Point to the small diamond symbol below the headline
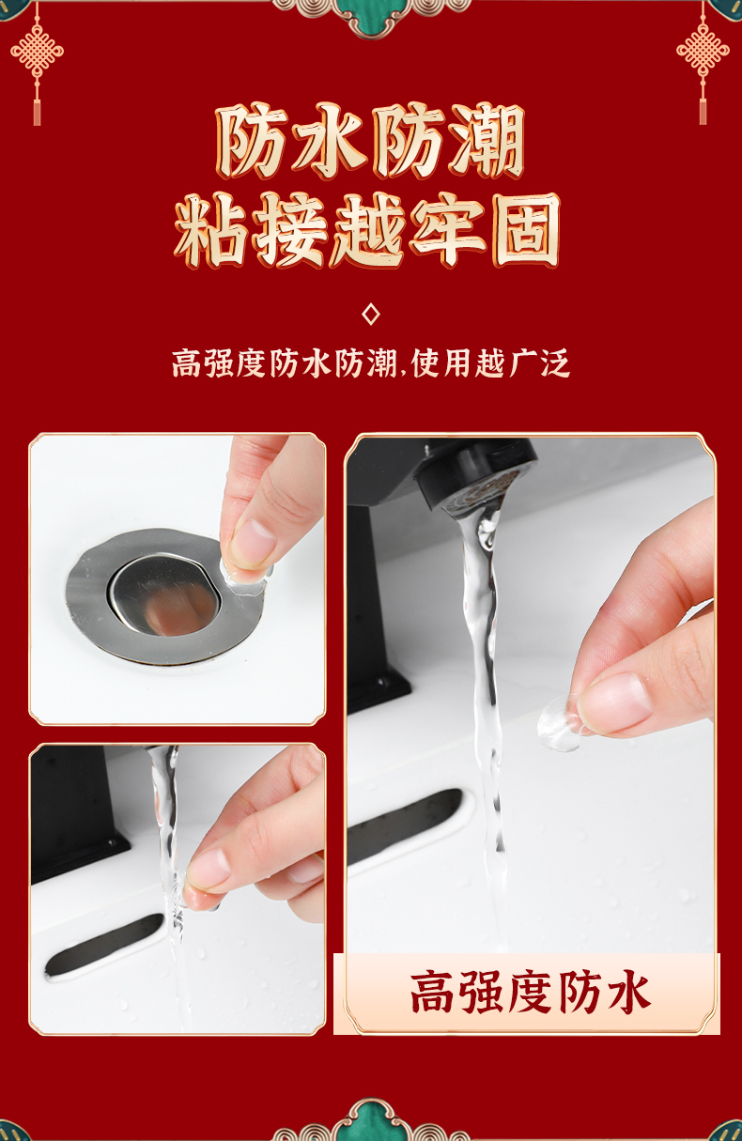click(370, 315)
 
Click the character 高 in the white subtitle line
click(188, 363)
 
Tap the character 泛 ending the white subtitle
click(554, 363)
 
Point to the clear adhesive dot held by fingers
click(560, 723)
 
